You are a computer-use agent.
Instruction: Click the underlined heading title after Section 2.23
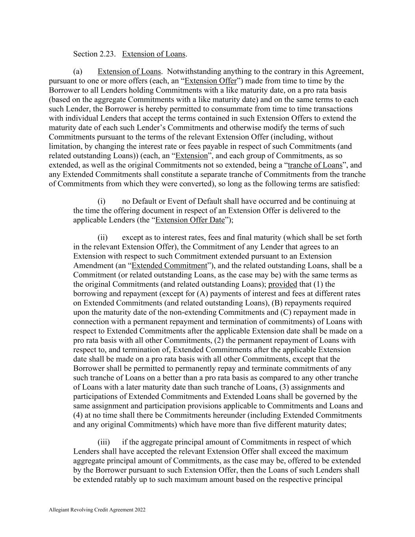pos(154,54)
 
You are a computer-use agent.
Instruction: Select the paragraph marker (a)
pos(78,72)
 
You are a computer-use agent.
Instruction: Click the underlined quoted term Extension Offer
pos(210,81)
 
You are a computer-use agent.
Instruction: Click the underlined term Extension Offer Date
pos(190,220)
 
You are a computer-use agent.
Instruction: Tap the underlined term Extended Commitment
pos(169,266)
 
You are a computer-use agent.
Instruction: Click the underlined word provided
pos(282,284)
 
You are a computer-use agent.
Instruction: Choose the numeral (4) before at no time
pos(78,415)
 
